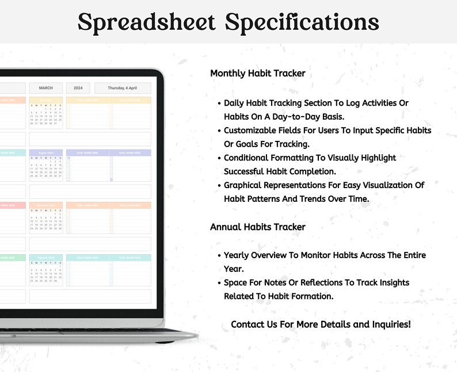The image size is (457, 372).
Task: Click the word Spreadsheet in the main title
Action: [x=147, y=22]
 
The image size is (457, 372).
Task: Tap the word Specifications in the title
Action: [x=302, y=22]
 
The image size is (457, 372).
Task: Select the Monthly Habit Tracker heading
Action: [x=257, y=74]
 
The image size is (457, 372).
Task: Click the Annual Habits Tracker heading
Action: [x=257, y=227]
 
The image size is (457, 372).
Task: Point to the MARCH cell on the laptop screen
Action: [x=45, y=88]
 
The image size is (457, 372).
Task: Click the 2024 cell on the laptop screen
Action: [x=78, y=88]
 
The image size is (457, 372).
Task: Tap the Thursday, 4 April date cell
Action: [x=123, y=88]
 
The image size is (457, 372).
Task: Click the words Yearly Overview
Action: [x=258, y=255]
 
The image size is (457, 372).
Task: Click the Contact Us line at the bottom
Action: [x=321, y=324]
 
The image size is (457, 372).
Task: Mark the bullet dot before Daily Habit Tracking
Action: [x=219, y=103]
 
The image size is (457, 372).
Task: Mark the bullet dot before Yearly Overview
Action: [x=219, y=255]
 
